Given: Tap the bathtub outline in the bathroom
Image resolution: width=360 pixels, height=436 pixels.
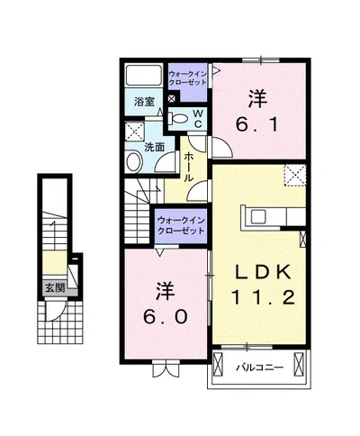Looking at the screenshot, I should (x=142, y=76).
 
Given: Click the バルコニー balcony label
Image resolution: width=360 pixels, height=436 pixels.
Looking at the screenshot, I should (x=260, y=368).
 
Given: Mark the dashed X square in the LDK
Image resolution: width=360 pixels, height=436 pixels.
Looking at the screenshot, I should (x=294, y=175).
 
